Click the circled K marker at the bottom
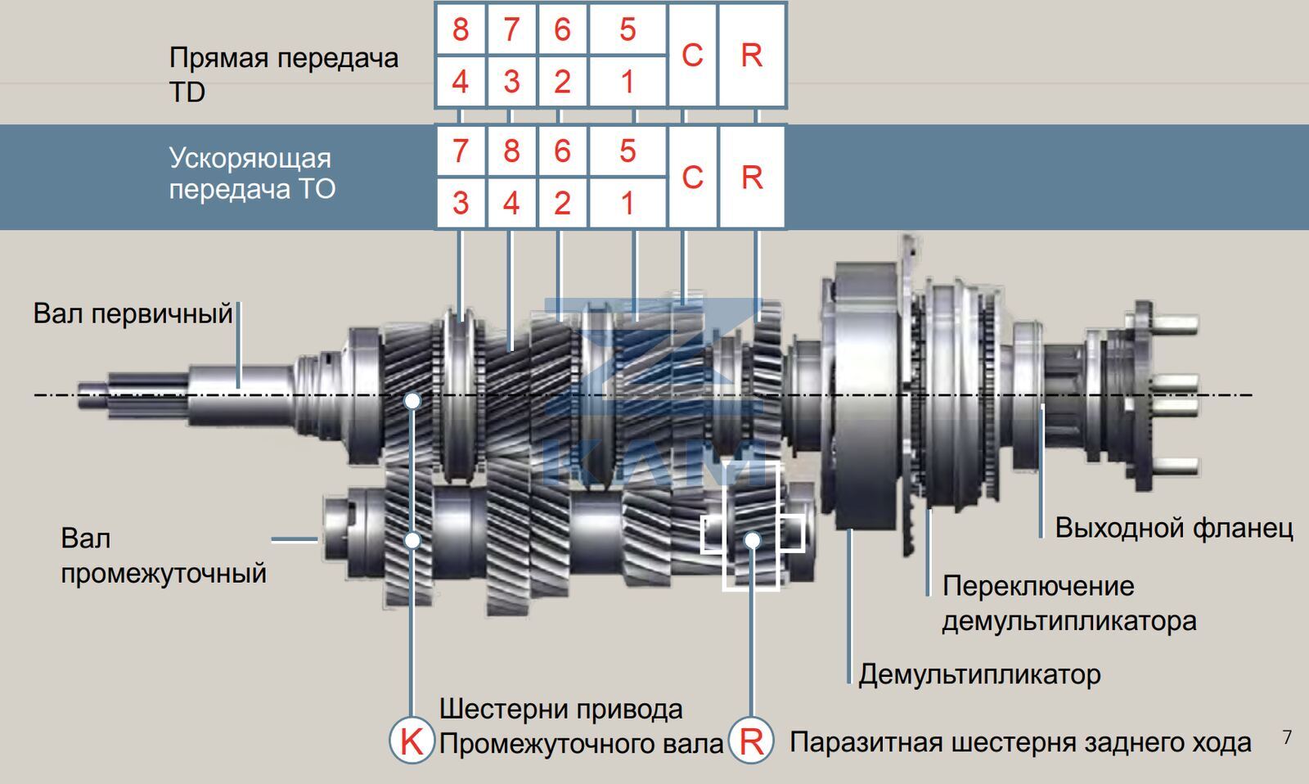(x=411, y=741)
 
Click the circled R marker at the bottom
(x=751, y=741)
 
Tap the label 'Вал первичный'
(x=133, y=313)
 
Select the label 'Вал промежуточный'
(x=163, y=556)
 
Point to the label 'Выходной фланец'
(x=1173, y=528)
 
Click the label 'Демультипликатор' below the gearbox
(x=979, y=674)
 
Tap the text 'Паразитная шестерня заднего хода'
(x=1019, y=742)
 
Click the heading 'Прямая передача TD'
(x=283, y=74)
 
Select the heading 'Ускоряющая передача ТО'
(x=252, y=173)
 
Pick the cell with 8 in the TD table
(x=461, y=29)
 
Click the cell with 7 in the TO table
(x=461, y=151)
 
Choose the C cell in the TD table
(x=692, y=55)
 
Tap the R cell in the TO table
(x=751, y=177)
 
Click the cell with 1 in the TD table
(x=628, y=82)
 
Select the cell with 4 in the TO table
(x=511, y=203)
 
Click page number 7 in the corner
(x=1287, y=737)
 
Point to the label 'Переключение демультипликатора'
(x=1068, y=603)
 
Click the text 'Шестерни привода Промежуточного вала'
(x=580, y=726)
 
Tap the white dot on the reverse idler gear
(x=753, y=540)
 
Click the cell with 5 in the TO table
(x=628, y=151)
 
